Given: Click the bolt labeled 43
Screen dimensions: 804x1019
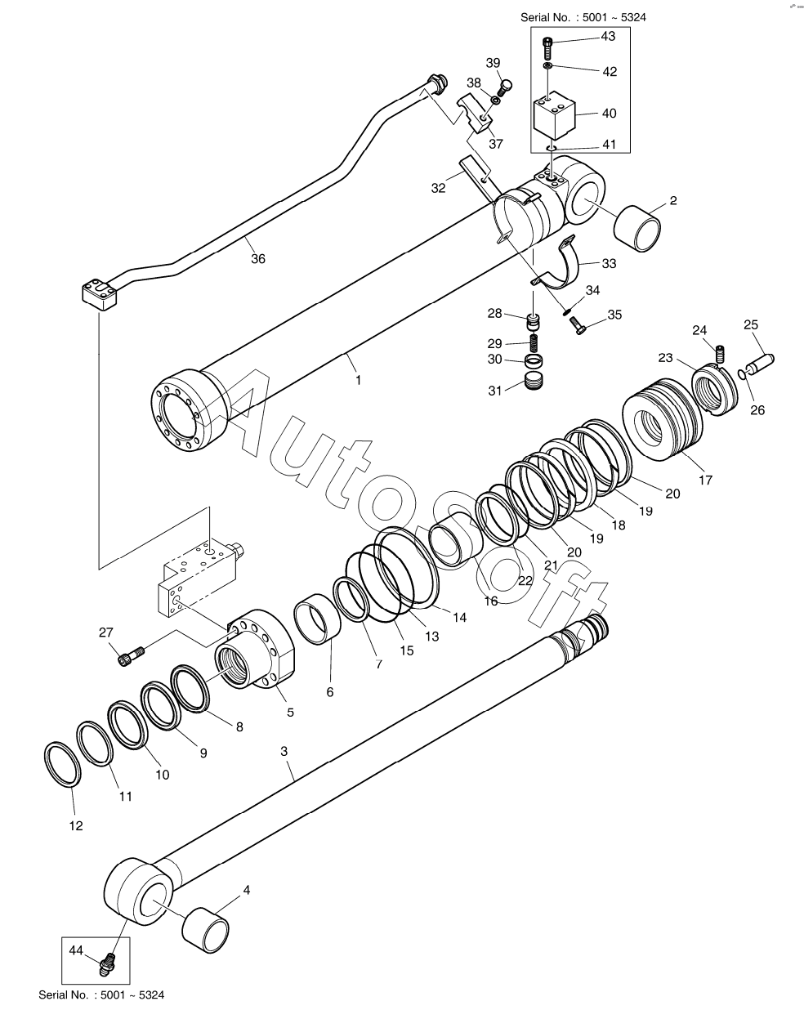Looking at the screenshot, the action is [x=547, y=45].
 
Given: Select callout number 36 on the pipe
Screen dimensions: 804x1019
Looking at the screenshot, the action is [x=258, y=258].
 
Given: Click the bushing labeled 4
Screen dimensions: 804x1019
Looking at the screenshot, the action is [x=205, y=932].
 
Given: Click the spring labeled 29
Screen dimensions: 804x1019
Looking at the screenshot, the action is [x=534, y=342].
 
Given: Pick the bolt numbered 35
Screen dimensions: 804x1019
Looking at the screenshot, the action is [x=578, y=325].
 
